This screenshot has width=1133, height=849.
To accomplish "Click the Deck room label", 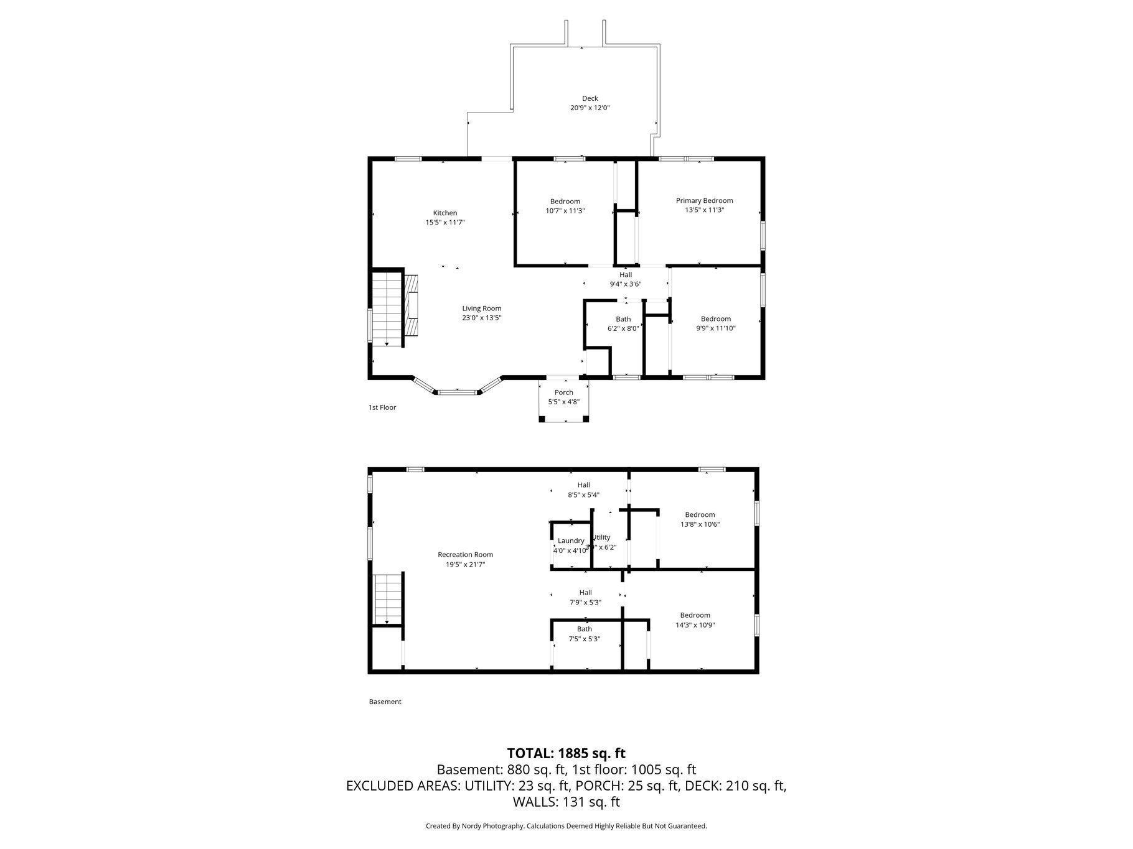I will (x=590, y=98).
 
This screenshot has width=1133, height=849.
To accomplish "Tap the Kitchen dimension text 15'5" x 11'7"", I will (x=445, y=222).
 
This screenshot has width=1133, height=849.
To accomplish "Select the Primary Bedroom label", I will (x=704, y=200).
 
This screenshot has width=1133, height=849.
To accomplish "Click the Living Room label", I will (x=481, y=309).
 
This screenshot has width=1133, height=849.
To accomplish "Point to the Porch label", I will (x=563, y=392).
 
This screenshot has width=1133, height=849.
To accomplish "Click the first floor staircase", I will (x=386, y=308).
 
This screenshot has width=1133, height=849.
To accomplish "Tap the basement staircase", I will (x=388, y=600).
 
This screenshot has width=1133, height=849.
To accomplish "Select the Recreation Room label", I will (x=465, y=555).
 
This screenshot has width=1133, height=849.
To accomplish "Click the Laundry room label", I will (x=570, y=540).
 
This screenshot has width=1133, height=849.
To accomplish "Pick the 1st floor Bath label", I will (x=623, y=319).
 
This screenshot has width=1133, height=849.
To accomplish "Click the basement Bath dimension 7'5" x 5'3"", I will (x=584, y=639).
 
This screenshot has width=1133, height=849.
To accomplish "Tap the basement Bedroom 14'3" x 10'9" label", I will (x=695, y=615).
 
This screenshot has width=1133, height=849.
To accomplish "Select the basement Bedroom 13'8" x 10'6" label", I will (x=700, y=514).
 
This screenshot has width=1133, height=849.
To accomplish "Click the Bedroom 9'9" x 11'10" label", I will (x=715, y=319).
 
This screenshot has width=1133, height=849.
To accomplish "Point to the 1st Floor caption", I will (x=382, y=407).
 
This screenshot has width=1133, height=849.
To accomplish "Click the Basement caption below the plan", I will (x=385, y=702).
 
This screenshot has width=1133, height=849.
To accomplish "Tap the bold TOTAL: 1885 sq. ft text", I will (x=566, y=753).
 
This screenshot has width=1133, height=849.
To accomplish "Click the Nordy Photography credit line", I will (x=566, y=826).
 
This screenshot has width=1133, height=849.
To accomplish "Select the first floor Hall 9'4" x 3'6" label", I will (x=625, y=275).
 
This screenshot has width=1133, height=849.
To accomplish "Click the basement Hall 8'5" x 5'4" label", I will (x=583, y=485).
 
